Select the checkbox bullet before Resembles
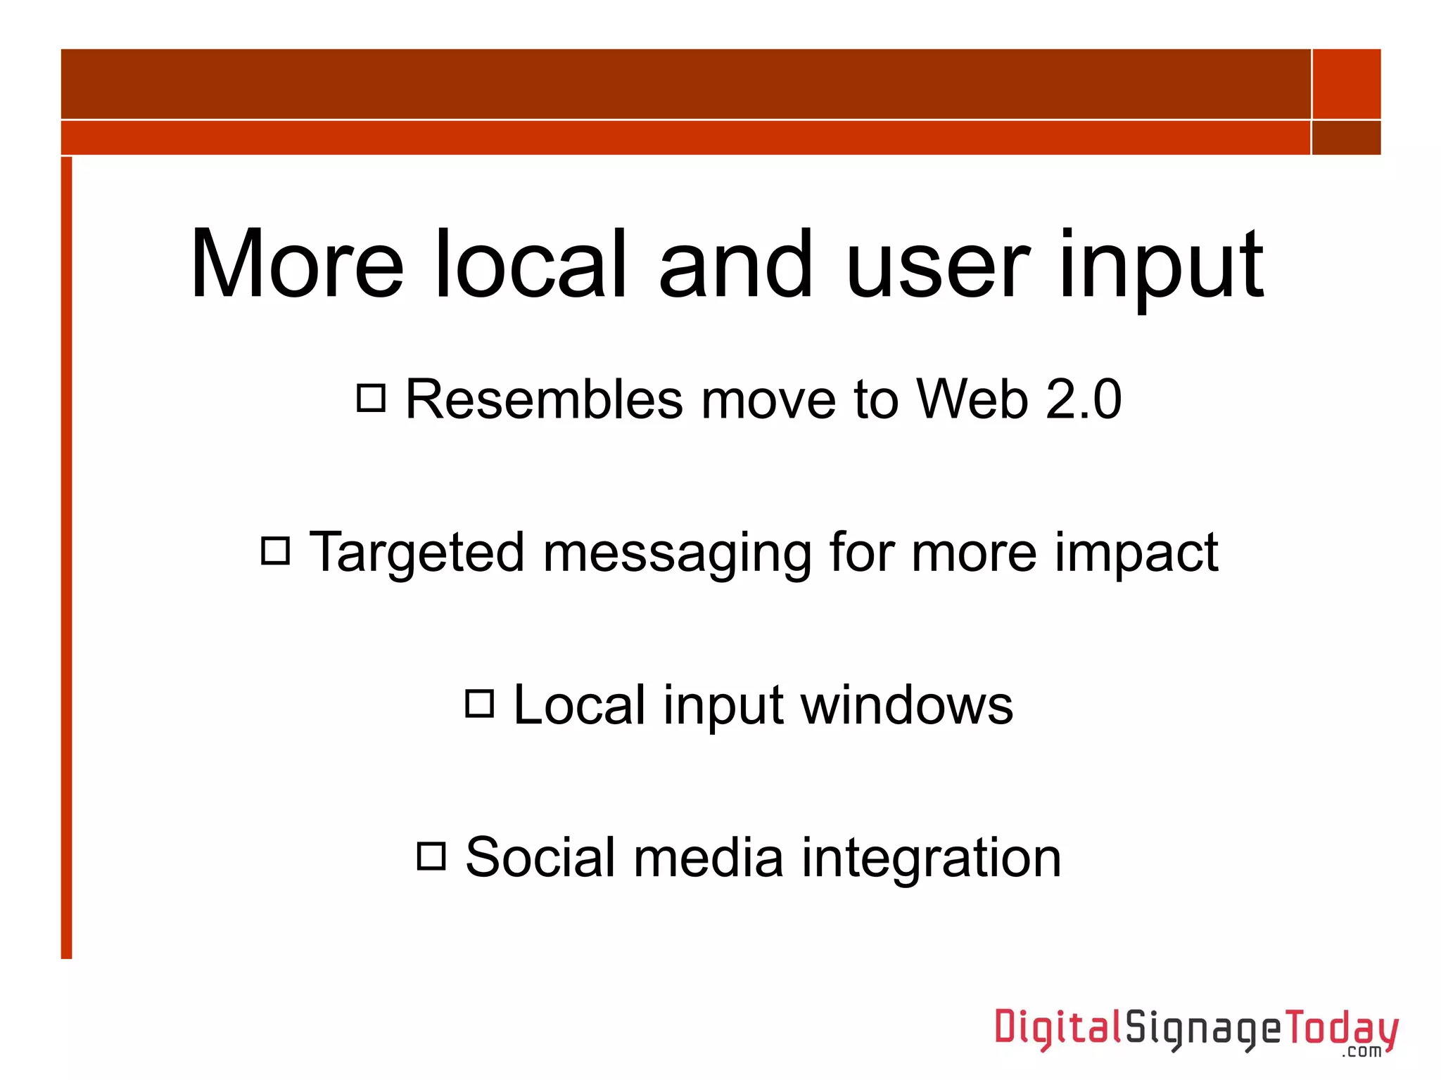pos(372,397)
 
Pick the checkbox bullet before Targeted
pos(275,551)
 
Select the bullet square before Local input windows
pos(480,703)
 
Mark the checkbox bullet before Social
pos(431,856)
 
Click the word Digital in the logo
pos(1058,1028)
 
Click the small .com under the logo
pos(1362,1052)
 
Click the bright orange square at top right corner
pos(1346,84)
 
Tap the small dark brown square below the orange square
pos(1346,138)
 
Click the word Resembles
pos(544,399)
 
